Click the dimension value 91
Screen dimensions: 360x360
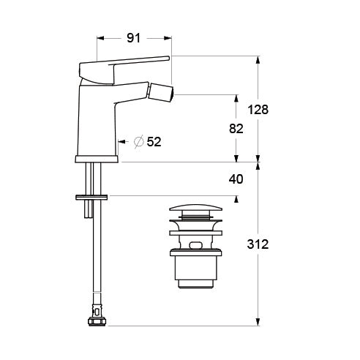click(x=134, y=38)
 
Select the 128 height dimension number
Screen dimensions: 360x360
click(x=258, y=110)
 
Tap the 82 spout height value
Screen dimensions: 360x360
click(x=236, y=129)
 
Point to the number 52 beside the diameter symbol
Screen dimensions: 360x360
click(x=154, y=141)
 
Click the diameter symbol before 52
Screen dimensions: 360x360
click(x=139, y=141)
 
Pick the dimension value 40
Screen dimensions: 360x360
click(x=236, y=179)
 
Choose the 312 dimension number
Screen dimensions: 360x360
click(x=258, y=244)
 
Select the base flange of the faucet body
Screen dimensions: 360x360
click(x=97, y=160)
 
